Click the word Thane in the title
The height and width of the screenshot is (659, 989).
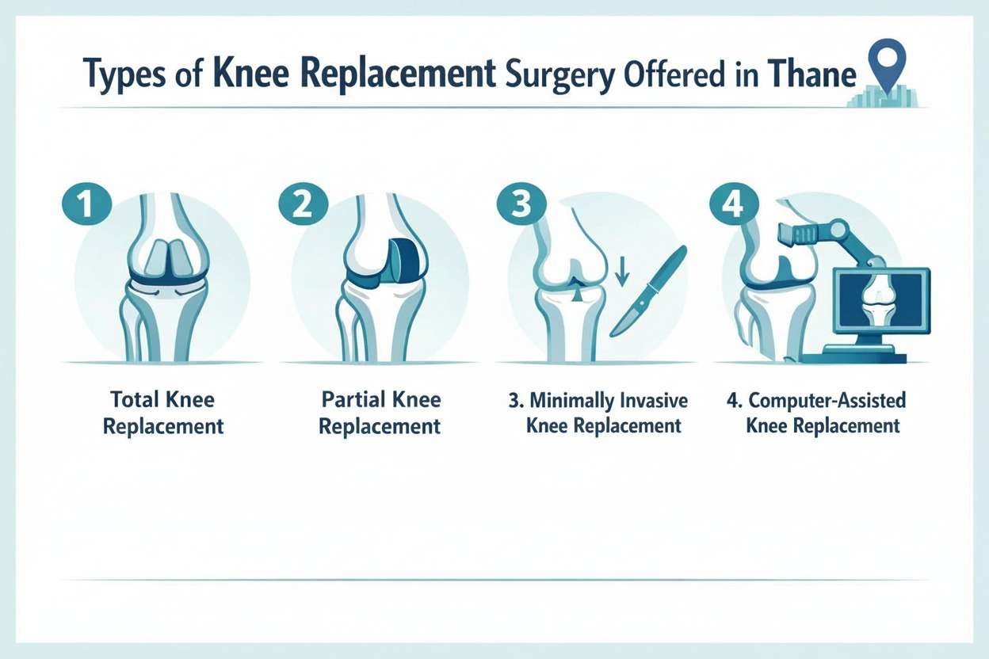click(814, 76)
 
